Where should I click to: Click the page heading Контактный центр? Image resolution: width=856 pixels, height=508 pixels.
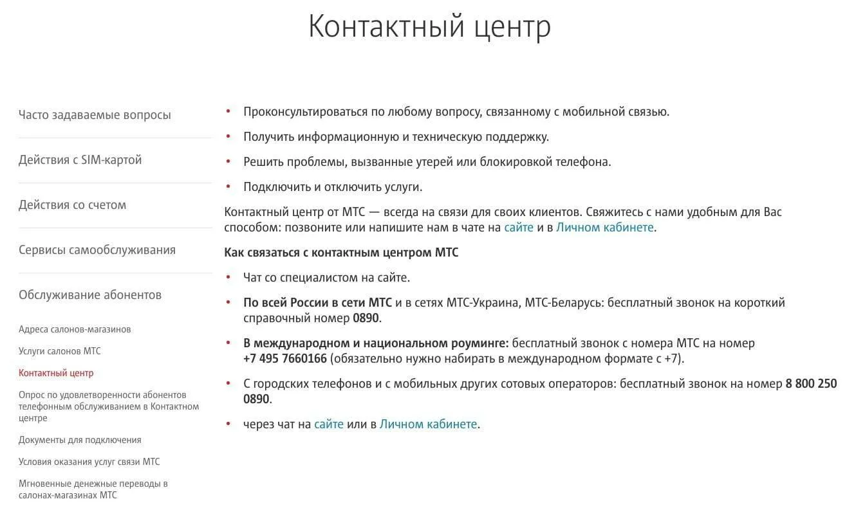[429, 27]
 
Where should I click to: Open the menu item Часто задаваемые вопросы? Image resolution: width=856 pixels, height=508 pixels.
[95, 115]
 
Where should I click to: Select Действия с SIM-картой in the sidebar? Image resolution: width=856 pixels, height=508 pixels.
[80, 160]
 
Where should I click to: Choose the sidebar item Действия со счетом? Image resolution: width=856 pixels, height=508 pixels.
[72, 205]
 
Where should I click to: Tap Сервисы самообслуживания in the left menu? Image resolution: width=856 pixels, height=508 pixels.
[97, 250]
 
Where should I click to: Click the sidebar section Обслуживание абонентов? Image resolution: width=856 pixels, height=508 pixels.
[89, 295]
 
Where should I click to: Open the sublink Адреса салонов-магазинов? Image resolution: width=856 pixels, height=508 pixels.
[75, 329]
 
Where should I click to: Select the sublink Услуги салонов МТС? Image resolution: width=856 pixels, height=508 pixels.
[59, 351]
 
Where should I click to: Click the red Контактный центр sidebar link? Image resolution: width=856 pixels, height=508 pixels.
[56, 373]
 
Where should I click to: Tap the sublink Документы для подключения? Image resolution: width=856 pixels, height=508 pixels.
[80, 440]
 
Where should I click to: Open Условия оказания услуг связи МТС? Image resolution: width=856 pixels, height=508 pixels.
[89, 462]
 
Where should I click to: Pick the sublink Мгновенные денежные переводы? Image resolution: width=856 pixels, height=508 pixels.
[93, 484]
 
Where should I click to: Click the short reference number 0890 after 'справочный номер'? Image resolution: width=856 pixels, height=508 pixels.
[366, 318]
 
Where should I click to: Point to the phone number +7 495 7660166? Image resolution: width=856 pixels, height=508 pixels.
[285, 359]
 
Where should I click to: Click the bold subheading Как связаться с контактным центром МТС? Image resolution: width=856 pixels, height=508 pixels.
[341, 253]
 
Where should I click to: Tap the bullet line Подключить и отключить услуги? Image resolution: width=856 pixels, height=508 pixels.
[332, 187]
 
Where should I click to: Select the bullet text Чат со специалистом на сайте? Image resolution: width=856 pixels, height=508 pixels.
[326, 278]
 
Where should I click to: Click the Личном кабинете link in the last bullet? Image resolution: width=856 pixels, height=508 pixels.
[429, 424]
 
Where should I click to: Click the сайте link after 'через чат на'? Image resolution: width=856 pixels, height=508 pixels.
[328, 424]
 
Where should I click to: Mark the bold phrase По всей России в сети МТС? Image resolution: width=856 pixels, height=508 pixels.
[313, 303]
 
